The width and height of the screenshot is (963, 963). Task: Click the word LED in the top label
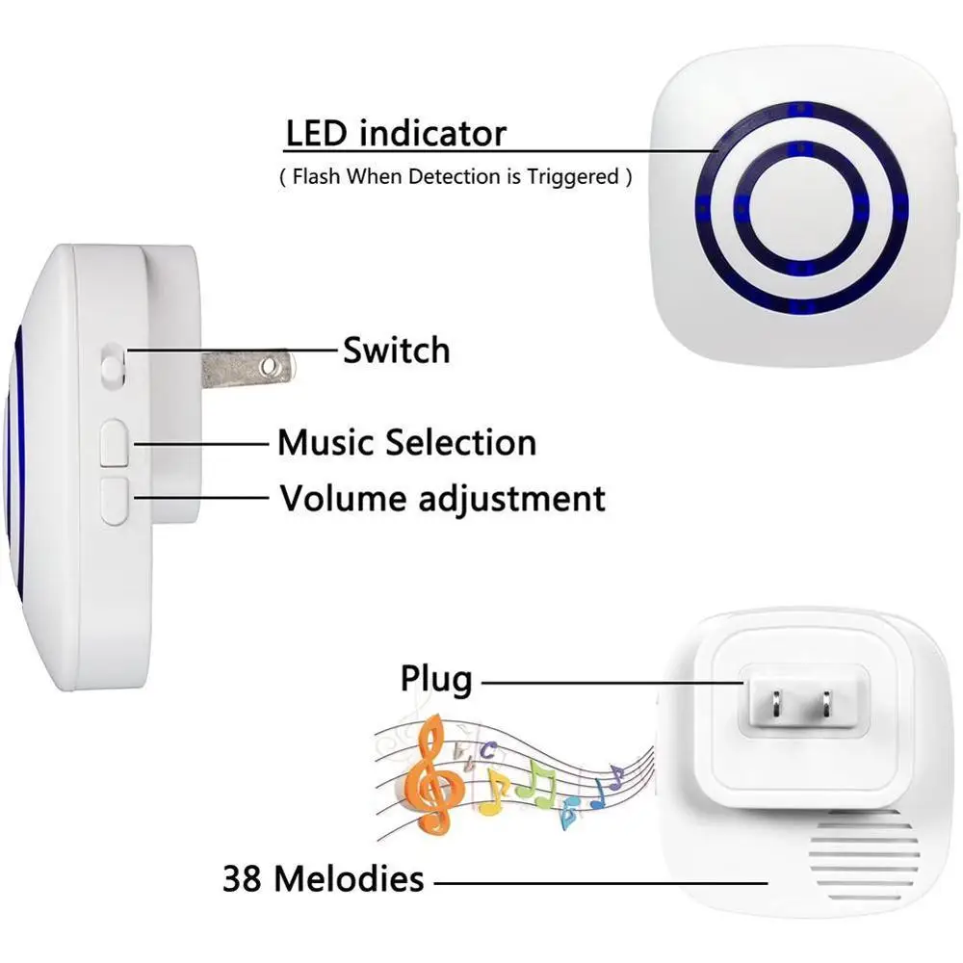point(317,133)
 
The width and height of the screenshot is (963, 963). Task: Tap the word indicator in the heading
point(431,133)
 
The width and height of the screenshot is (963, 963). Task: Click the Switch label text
point(396,351)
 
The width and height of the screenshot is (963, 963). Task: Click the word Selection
point(460,443)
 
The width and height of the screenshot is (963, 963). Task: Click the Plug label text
point(436,681)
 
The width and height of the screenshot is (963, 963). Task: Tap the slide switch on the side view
point(113,363)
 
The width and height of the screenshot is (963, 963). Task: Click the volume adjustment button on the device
point(114,499)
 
